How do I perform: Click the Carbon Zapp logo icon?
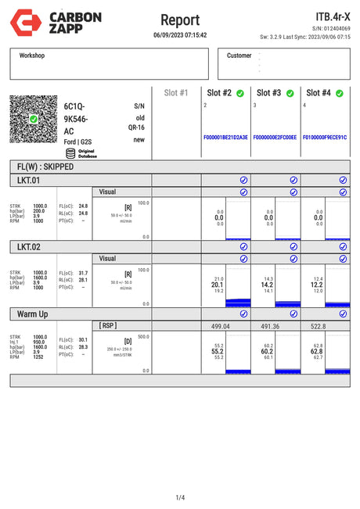(24, 22)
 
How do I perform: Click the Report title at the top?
(180, 20)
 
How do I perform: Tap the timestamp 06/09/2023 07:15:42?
(180, 35)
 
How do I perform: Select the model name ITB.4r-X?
(333, 16)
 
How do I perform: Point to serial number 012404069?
(337, 28)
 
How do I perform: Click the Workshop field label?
(32, 56)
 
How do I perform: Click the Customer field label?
(239, 56)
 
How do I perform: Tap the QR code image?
(34, 120)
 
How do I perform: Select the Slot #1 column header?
(176, 93)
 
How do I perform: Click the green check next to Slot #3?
(290, 93)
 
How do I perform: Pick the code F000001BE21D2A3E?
(225, 137)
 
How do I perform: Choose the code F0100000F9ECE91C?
(324, 137)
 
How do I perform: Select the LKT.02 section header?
(29, 247)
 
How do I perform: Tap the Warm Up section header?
(34, 314)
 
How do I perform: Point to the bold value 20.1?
(218, 285)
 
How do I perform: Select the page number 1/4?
(180, 497)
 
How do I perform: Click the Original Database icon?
(70, 152)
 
